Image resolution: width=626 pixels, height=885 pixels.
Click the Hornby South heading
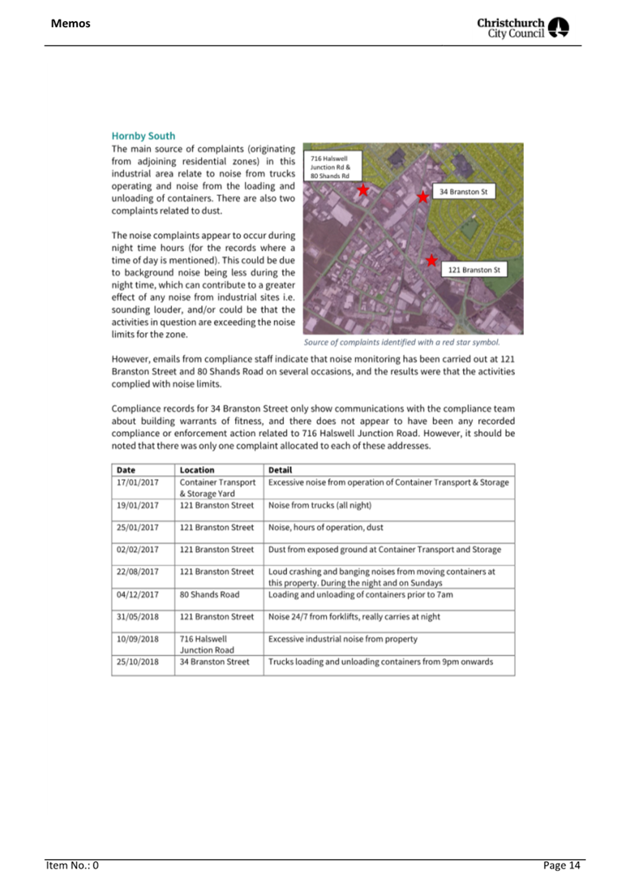click(143, 136)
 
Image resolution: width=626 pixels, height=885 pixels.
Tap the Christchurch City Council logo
click(523, 28)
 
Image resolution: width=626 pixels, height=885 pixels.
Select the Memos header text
click(71, 24)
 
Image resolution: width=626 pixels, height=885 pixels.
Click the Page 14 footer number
click(561, 865)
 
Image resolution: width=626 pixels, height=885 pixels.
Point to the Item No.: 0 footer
click(72, 865)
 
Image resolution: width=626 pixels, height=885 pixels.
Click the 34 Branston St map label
click(463, 192)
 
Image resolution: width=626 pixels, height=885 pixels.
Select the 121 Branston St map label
click(474, 270)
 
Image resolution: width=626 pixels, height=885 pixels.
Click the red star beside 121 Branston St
click(431, 260)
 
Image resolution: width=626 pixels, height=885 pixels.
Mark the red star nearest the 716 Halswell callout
click(363, 190)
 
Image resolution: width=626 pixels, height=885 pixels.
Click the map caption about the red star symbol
click(401, 342)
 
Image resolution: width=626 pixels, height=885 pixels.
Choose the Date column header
click(126, 470)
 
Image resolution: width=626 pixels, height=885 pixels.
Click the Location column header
click(197, 470)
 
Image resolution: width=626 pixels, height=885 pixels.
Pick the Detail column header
click(280, 470)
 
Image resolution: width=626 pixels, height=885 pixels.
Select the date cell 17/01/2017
click(137, 482)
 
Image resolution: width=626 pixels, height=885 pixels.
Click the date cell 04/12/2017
click(137, 594)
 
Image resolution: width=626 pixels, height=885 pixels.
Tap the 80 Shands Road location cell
click(209, 594)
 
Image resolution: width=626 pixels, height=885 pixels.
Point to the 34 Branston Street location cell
click(214, 662)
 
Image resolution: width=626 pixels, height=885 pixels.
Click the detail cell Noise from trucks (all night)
click(320, 505)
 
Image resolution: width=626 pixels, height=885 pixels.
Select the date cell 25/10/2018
click(137, 662)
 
